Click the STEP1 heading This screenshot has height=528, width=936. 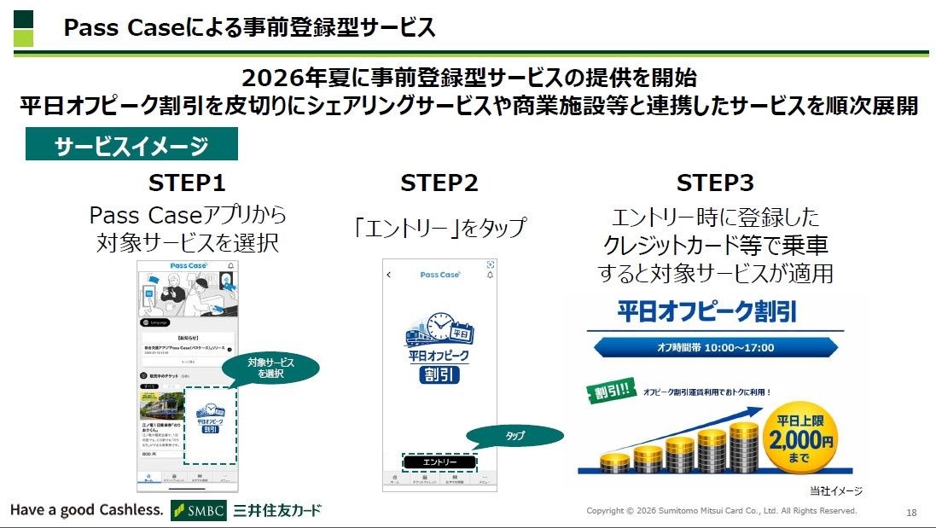click(187, 183)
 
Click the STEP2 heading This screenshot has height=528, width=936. click(439, 183)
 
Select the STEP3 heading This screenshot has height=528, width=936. click(715, 183)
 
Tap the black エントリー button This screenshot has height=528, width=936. click(439, 461)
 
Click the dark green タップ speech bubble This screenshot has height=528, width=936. click(516, 436)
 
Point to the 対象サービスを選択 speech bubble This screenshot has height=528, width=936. click(270, 368)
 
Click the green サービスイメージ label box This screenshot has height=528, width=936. click(131, 145)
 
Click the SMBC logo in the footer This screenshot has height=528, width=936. click(199, 510)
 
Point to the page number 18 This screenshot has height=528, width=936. click(911, 512)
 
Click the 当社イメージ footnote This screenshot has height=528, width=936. click(835, 490)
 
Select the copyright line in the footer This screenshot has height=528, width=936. click(721, 511)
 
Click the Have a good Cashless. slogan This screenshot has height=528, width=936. click(86, 510)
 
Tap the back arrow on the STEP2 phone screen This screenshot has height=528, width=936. click(389, 275)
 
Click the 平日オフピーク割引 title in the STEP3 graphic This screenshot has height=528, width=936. click(707, 311)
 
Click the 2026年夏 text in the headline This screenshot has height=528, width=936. click(295, 78)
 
